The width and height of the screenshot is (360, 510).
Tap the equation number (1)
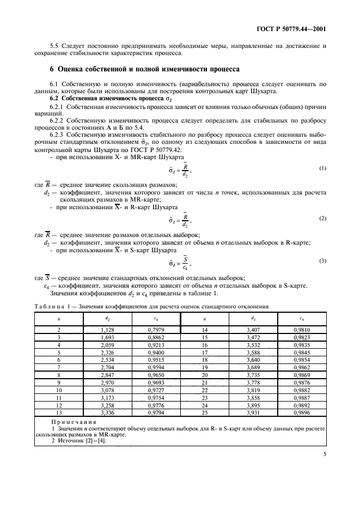pos(322,168)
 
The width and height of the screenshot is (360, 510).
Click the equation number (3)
pos(322,260)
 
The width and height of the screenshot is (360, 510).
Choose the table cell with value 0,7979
pos(156,330)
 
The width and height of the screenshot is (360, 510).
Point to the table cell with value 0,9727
pos(156,391)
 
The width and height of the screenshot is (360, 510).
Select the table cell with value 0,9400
pos(156,353)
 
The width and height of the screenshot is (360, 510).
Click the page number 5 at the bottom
pos(324,466)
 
